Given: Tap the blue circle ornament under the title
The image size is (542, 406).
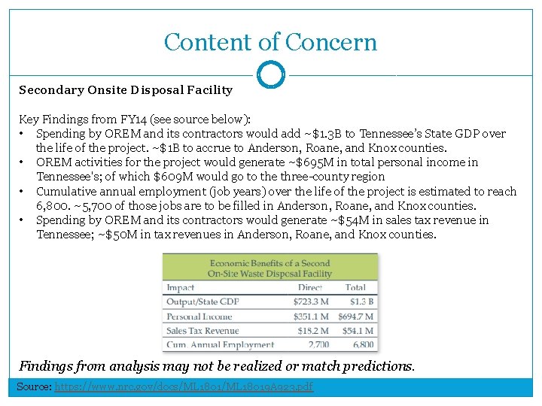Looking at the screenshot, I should coord(271,75).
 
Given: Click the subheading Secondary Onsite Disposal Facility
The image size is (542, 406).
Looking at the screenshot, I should coord(126,90).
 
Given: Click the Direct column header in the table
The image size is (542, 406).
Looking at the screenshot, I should coord(310,287).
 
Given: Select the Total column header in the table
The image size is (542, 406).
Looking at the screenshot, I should coord(355,287).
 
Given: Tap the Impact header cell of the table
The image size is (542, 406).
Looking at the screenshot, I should coord(181,287).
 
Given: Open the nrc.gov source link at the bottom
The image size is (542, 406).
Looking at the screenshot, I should coord(184,387).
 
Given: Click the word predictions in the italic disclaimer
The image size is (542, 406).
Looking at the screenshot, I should coord(377,367).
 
